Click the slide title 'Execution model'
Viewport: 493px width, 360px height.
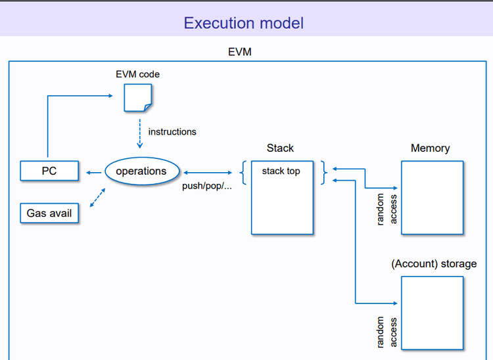pyautogui.click(x=243, y=23)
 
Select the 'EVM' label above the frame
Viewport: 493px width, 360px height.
pyautogui.click(x=239, y=52)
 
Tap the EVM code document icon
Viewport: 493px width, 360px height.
pyautogui.click(x=138, y=98)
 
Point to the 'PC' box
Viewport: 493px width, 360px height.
pyautogui.click(x=49, y=171)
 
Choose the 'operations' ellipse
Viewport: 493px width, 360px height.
pyautogui.click(x=141, y=171)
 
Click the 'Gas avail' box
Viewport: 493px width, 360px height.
pyautogui.click(x=49, y=214)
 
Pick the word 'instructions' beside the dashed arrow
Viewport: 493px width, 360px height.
pyautogui.click(x=172, y=131)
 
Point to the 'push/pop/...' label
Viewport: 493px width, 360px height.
pyautogui.click(x=207, y=186)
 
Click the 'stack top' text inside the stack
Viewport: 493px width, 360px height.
pyautogui.click(x=281, y=171)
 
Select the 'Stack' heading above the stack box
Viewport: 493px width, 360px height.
pyautogui.click(x=281, y=148)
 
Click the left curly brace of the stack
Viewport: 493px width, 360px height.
pyautogui.click(x=243, y=172)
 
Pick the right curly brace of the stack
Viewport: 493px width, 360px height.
pyautogui.click(x=323, y=172)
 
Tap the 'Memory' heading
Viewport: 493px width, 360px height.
pyautogui.click(x=431, y=148)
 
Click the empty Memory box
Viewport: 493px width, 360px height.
pyautogui.click(x=432, y=197)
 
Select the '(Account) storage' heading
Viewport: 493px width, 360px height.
pyautogui.click(x=434, y=264)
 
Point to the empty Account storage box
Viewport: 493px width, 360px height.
pyautogui.click(x=432, y=313)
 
